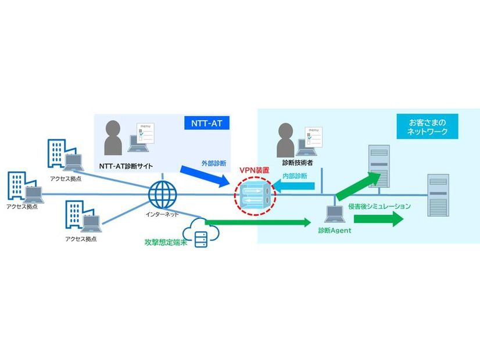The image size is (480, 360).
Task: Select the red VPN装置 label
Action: [255, 170]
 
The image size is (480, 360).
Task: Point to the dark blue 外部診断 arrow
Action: [205, 177]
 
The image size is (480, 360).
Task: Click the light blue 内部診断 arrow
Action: [295, 186]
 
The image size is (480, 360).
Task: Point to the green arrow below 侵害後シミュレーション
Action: [378, 219]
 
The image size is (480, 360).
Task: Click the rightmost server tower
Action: [438, 195]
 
